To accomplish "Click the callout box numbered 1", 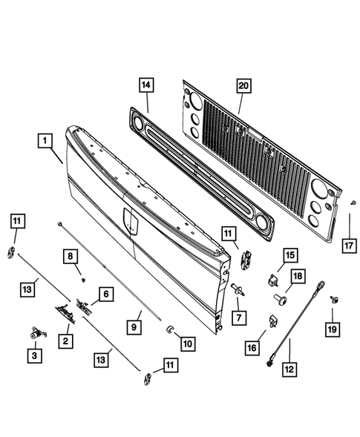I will [45, 140].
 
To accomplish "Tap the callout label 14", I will [146, 86].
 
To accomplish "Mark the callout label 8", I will [71, 257].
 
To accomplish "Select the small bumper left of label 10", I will [169, 329].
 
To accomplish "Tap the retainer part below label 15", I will [273, 280].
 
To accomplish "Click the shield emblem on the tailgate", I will [129, 219].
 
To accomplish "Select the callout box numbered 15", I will [288, 256].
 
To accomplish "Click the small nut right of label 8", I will [85, 279].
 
